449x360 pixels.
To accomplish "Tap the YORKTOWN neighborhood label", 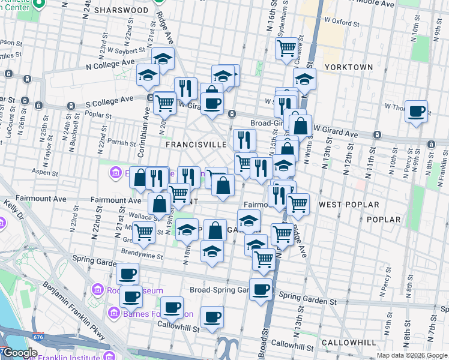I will click(348, 67).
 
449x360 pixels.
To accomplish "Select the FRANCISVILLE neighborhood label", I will click(196, 145).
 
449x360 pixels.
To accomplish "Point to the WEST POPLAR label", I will click(349, 205).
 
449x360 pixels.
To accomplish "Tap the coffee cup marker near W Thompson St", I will click(416, 111).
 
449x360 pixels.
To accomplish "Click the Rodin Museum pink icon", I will click(97, 291).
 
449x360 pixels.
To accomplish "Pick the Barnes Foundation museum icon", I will click(114, 313).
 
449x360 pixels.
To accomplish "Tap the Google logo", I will click(20, 353).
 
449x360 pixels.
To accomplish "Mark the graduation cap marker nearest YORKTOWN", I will click(304, 79).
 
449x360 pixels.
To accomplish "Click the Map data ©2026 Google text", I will click(412, 355).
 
